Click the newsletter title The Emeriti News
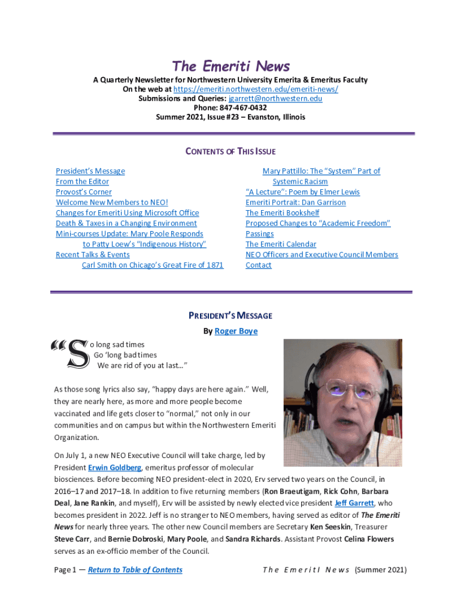pyautogui.click(x=230, y=66)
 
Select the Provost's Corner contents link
pyautogui.click(x=84, y=192)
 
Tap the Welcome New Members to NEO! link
pyautogui.click(x=112, y=202)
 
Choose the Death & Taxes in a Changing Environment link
pyautogui.click(x=126, y=223)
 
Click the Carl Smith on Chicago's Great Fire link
pyautogui.click(x=153, y=265)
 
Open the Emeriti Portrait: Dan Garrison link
pyautogui.click(x=296, y=202)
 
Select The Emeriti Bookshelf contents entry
pyautogui.click(x=283, y=213)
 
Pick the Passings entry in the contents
pyautogui.click(x=260, y=233)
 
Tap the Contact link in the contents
pyautogui.click(x=259, y=265)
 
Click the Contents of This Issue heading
pyautogui.click(x=230, y=151)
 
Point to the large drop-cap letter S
pyautogui.click(x=77, y=354)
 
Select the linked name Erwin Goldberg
pyautogui.click(x=115, y=467)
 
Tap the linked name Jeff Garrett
pyautogui.click(x=354, y=503)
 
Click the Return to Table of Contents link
pyautogui.click(x=135, y=569)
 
